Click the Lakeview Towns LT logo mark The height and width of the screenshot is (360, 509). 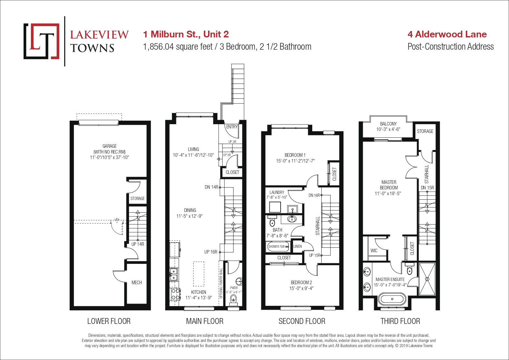click(x=42, y=41)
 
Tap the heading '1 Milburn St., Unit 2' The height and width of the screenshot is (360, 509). click(x=186, y=34)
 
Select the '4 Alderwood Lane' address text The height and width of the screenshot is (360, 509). click(x=447, y=34)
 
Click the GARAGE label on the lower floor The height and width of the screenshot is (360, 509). click(x=110, y=146)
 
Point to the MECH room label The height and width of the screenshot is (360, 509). click(x=136, y=283)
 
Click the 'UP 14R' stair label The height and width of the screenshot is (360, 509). click(x=138, y=244)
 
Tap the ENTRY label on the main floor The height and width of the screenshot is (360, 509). click(x=232, y=127)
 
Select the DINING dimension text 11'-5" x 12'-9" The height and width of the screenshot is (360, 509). click(x=190, y=216)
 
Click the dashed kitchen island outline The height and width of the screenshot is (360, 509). click(x=199, y=274)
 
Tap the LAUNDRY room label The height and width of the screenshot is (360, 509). click(x=277, y=192)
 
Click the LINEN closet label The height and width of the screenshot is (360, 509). click(x=297, y=246)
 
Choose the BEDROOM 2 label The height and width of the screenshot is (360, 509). click(x=301, y=283)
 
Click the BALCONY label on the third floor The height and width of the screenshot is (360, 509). click(x=388, y=124)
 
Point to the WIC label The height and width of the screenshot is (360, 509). click(x=374, y=250)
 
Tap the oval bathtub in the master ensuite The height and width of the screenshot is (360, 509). click(x=392, y=299)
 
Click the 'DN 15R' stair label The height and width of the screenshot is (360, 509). click(x=427, y=188)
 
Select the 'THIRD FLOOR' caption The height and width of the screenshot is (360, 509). click(x=400, y=321)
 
